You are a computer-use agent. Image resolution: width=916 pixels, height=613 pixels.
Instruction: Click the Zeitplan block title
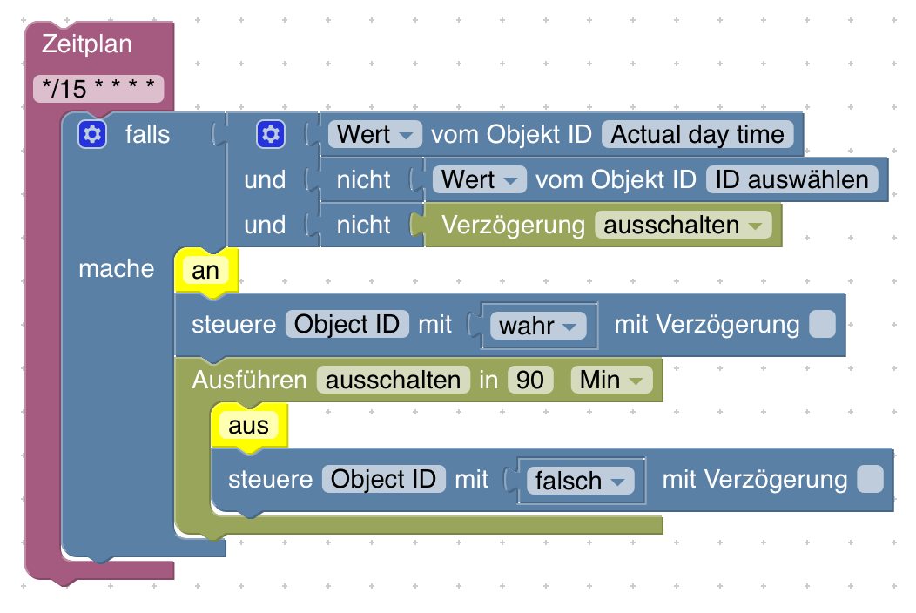click(x=87, y=43)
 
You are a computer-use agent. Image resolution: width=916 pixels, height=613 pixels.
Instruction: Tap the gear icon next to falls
click(x=91, y=134)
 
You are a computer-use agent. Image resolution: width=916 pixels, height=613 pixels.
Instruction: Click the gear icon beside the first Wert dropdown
click(x=270, y=134)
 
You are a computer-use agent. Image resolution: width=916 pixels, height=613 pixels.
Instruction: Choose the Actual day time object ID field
click(x=697, y=134)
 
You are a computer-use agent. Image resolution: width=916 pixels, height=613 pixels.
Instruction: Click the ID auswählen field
click(x=791, y=179)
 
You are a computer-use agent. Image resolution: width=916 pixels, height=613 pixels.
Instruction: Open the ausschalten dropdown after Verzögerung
click(x=683, y=225)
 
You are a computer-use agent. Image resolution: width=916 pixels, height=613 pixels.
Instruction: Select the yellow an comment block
click(x=205, y=270)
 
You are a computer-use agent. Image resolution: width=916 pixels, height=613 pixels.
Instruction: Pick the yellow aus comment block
click(x=248, y=425)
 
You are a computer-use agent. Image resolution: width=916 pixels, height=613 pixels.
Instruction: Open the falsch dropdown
click(x=579, y=481)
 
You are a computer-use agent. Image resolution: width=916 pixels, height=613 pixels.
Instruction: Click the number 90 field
click(x=529, y=380)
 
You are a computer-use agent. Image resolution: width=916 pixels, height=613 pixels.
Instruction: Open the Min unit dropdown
click(x=610, y=380)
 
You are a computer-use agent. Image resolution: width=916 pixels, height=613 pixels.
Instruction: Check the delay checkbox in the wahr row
click(x=822, y=325)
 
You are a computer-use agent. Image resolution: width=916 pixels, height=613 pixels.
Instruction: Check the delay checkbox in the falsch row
click(x=869, y=479)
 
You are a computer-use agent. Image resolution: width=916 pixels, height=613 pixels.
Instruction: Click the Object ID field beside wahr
click(x=347, y=325)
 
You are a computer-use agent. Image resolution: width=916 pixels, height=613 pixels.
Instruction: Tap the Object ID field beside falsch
click(x=383, y=479)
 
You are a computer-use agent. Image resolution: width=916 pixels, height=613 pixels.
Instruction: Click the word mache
click(x=116, y=268)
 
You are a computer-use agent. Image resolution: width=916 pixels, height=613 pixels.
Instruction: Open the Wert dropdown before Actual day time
click(x=374, y=134)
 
